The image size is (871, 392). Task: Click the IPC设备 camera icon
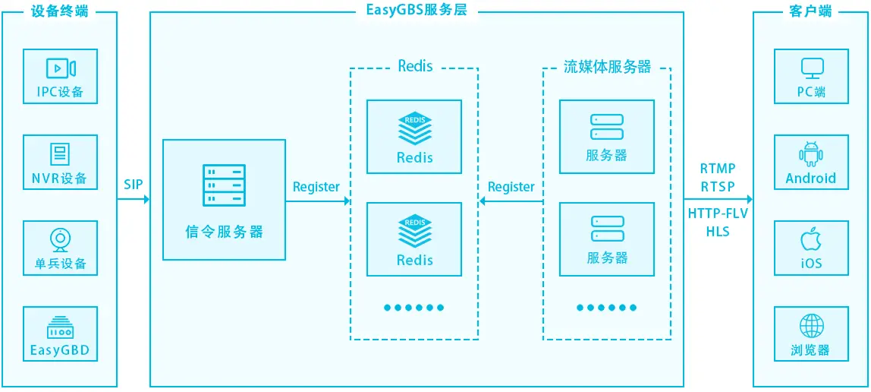[61, 68]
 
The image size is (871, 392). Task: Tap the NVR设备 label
[60, 179]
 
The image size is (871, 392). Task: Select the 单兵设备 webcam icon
[60, 239]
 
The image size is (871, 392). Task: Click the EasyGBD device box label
[60, 350]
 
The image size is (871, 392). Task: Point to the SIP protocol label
[134, 185]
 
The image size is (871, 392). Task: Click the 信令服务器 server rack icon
[224, 185]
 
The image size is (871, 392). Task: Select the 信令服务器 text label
[224, 232]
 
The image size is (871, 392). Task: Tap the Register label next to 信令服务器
[316, 187]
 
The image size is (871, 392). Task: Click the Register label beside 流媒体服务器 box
[511, 187]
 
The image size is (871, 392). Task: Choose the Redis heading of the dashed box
[415, 66]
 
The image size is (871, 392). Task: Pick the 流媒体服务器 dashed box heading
[607, 67]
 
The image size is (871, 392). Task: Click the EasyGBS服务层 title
[417, 11]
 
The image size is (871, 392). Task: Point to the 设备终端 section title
[60, 11]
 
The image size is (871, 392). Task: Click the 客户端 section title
[810, 11]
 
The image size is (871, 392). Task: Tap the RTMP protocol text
[718, 169]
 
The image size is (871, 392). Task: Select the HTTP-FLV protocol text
[718, 213]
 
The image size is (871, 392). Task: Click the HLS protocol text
[718, 231]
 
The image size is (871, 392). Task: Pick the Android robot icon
[811, 154]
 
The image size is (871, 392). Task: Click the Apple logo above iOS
[811, 239]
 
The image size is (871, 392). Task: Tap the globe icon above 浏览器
[811, 327]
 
